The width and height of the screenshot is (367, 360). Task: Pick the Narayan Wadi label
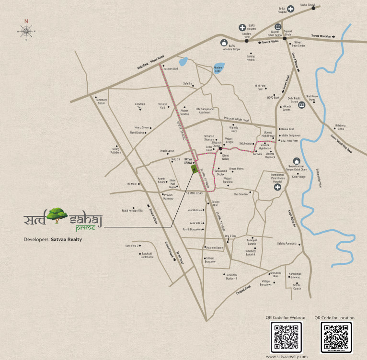pyautogui.click(x=171, y=69)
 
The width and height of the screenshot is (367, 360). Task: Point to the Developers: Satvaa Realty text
pyautogui.click(x=53, y=239)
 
